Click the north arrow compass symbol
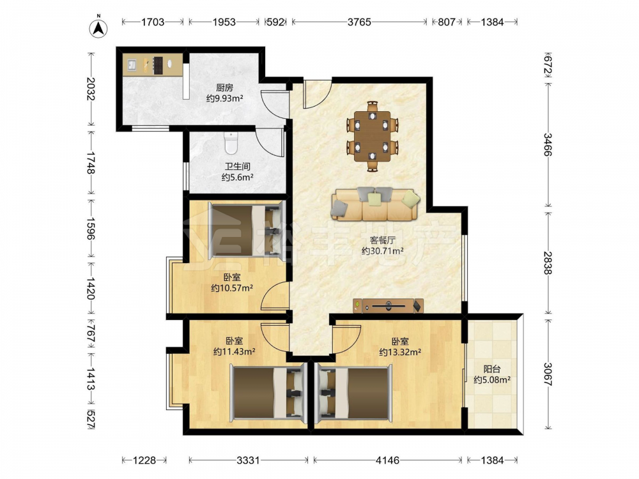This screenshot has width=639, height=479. pyautogui.click(x=98, y=27)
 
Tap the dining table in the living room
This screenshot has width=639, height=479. pyautogui.click(x=372, y=137)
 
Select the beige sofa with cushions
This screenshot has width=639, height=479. pyautogui.click(x=375, y=203)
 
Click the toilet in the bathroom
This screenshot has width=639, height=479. pyautogui.click(x=231, y=143)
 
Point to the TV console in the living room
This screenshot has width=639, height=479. pyautogui.click(x=388, y=305)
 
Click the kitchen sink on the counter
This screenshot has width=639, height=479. pyautogui.click(x=132, y=65)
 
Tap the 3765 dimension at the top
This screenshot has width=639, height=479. pyautogui.click(x=359, y=22)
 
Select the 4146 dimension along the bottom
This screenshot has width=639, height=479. pyautogui.click(x=388, y=460)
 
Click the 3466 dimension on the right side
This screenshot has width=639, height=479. pyautogui.click(x=548, y=144)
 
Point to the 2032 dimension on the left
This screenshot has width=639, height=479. pyautogui.click(x=91, y=89)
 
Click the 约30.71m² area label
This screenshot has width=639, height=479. pyautogui.click(x=383, y=251)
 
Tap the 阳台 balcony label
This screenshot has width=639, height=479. pyautogui.click(x=492, y=369)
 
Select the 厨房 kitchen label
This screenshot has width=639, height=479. pyautogui.click(x=224, y=87)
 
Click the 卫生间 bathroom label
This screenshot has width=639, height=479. pyautogui.click(x=238, y=166)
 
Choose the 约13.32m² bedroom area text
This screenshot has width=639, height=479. pyautogui.click(x=400, y=352)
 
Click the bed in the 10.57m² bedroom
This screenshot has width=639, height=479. pyautogui.click(x=246, y=230)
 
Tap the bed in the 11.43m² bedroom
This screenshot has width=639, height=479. pyautogui.click(x=268, y=394)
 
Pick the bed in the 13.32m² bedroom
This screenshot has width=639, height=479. pyautogui.click(x=354, y=394)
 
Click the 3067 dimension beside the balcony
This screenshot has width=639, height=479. pyautogui.click(x=548, y=374)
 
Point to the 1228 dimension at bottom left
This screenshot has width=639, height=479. pyautogui.click(x=144, y=460)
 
